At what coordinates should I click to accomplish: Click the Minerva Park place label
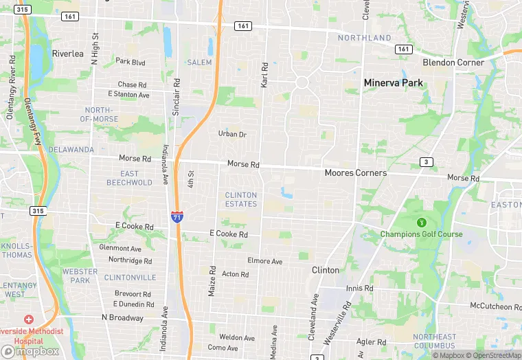click(393, 83)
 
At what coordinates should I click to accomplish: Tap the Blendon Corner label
click(453, 63)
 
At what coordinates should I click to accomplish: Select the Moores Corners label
click(355, 173)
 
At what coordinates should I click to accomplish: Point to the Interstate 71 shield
click(177, 216)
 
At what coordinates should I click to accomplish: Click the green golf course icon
click(421, 222)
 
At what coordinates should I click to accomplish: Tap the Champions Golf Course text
click(421, 234)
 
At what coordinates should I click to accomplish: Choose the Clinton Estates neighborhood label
click(241, 199)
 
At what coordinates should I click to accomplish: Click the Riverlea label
click(67, 54)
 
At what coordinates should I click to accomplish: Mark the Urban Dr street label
click(232, 134)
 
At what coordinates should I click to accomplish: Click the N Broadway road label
click(122, 318)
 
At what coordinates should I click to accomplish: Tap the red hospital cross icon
click(28, 319)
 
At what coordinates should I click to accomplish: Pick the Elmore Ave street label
click(264, 262)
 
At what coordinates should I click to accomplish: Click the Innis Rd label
click(359, 289)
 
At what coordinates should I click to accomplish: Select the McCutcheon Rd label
click(496, 306)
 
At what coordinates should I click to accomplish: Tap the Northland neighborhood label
click(364, 38)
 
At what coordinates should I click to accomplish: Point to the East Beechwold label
click(129, 178)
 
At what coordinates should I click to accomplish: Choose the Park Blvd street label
click(130, 62)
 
